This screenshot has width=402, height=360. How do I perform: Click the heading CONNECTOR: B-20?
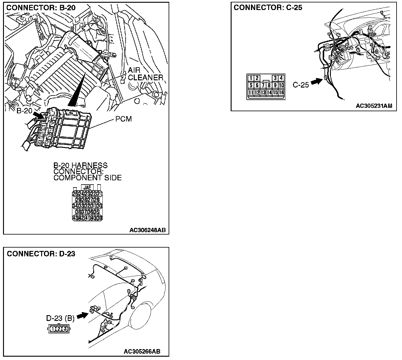(41, 8)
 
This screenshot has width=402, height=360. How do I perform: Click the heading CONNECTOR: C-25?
(268, 8)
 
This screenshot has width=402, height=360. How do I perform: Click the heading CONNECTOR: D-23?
(41, 253)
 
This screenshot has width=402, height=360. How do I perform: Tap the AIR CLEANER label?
(145, 74)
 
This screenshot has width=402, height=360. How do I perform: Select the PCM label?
(124, 119)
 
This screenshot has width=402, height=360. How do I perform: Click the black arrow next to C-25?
(316, 81)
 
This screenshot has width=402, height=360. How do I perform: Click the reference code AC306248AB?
(147, 230)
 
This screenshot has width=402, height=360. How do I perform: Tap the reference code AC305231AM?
(374, 106)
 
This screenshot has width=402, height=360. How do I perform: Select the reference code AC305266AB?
(142, 352)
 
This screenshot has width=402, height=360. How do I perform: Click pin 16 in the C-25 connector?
(281, 92)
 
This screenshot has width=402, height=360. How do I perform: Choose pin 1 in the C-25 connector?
(251, 78)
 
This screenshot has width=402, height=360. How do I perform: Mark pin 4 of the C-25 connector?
(281, 78)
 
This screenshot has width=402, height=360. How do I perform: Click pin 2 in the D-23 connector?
(59, 328)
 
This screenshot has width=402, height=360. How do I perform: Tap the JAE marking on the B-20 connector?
(87, 188)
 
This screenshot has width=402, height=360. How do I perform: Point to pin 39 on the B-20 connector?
(100, 218)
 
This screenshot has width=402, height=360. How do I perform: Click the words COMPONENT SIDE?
(87, 178)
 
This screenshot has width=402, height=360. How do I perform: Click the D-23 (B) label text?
(60, 318)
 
